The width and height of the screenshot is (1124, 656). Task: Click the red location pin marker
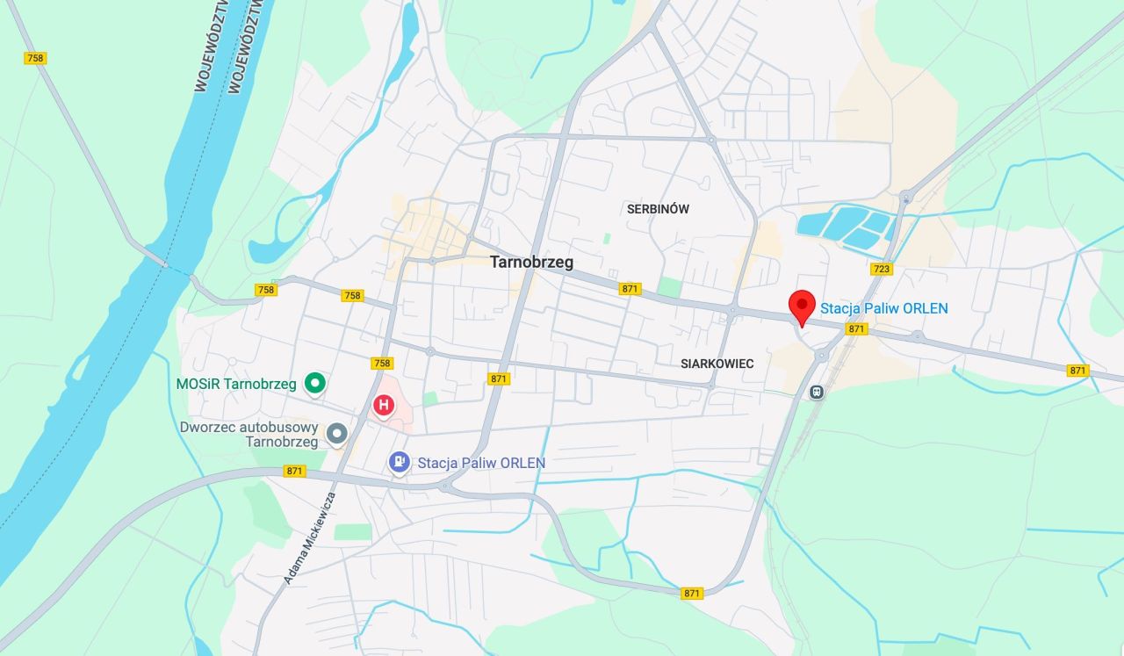point(802,308)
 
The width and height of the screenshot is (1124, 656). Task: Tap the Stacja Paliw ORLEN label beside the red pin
point(883,308)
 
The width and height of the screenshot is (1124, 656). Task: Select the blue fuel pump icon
point(400,462)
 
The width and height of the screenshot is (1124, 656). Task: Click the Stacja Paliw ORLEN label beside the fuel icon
point(481,463)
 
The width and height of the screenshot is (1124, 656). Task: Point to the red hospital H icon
point(384,405)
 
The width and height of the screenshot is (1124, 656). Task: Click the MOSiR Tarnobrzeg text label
point(236,384)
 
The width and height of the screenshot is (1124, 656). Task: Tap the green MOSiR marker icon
point(314,383)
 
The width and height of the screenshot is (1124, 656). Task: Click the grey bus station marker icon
point(336,433)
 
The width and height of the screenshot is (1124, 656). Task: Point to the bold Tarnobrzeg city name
point(531,262)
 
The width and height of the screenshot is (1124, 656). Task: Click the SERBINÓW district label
point(658,209)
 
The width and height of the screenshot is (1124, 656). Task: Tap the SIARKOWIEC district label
point(717,364)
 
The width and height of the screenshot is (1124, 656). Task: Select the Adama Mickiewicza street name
point(310,538)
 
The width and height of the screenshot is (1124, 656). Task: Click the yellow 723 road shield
point(881,269)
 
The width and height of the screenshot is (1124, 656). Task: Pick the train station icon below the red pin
point(817,392)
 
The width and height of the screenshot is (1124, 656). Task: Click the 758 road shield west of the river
point(35,58)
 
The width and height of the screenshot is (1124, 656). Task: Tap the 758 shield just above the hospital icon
point(382,363)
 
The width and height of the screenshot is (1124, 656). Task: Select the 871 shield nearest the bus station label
point(294,472)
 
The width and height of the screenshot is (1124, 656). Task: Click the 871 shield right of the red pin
point(857,328)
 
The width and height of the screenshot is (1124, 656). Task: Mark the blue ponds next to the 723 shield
point(847,227)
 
